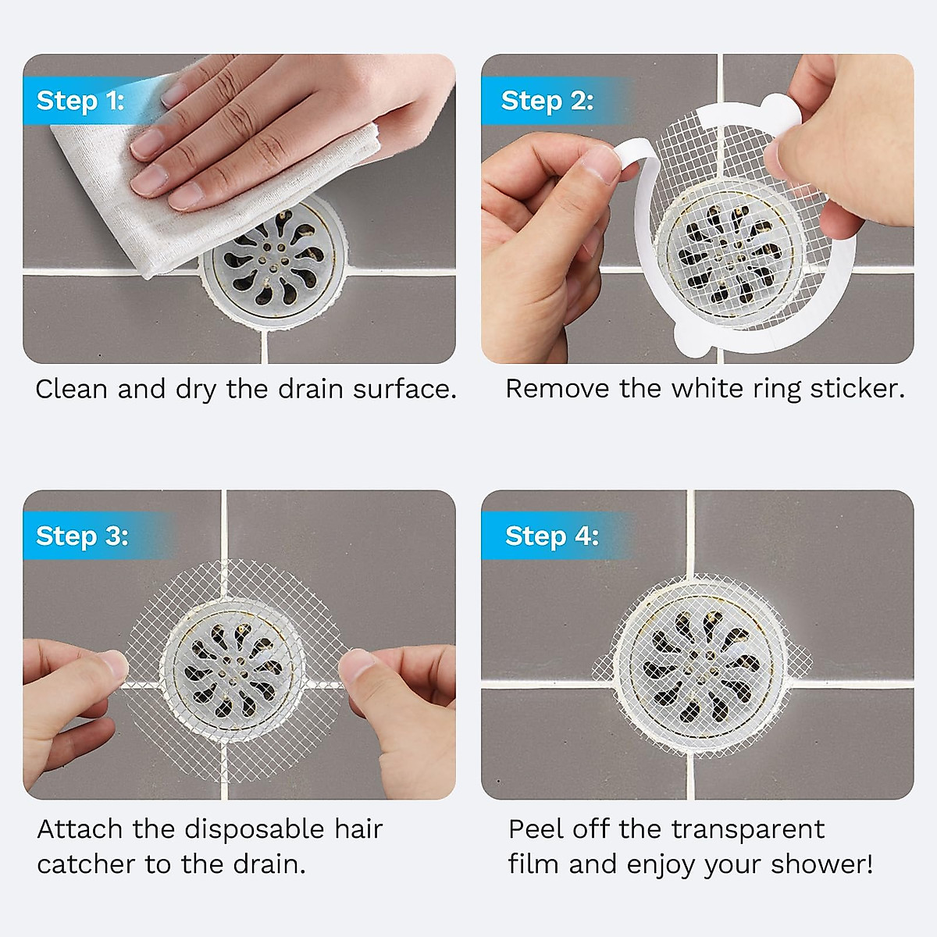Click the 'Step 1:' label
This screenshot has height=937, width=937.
tap(80, 101)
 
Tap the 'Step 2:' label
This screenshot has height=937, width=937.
tap(547, 101)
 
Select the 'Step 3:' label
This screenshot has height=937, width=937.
tap(82, 536)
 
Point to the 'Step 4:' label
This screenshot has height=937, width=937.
tap(551, 536)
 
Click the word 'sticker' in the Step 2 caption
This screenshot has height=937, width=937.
tap(856, 389)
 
